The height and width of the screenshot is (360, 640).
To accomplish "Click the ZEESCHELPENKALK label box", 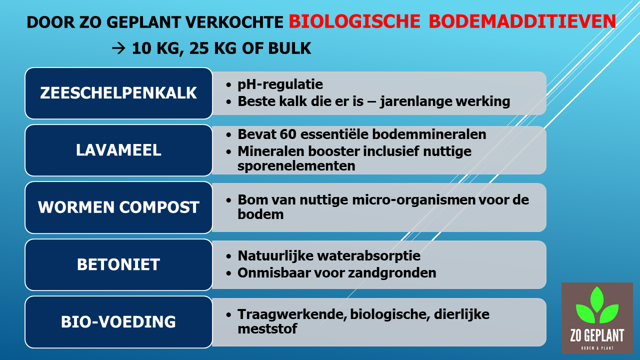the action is point(118,93).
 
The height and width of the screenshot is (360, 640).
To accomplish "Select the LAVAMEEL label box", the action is point(118,150).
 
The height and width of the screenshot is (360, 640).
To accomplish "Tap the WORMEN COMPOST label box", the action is point(118,207).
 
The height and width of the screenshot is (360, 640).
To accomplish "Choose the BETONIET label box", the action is point(118,264).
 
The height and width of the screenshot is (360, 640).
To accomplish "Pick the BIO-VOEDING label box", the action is point(118,322).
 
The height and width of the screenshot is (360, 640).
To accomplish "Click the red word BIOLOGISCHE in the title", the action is point(354,21).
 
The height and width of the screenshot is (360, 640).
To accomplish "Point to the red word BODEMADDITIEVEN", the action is point(522,21).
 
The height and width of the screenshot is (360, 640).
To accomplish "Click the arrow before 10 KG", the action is point(118,48).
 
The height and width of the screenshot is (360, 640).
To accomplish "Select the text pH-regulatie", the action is point(280,84).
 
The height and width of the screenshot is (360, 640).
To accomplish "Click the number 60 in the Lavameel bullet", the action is point(288,134).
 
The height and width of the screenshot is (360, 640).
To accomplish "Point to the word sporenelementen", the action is point(296,166).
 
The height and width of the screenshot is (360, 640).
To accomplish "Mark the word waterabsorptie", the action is point(369,256).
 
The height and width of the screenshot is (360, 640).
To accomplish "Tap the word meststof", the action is point(267,329).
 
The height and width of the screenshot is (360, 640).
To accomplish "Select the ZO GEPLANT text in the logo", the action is point(597,335).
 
